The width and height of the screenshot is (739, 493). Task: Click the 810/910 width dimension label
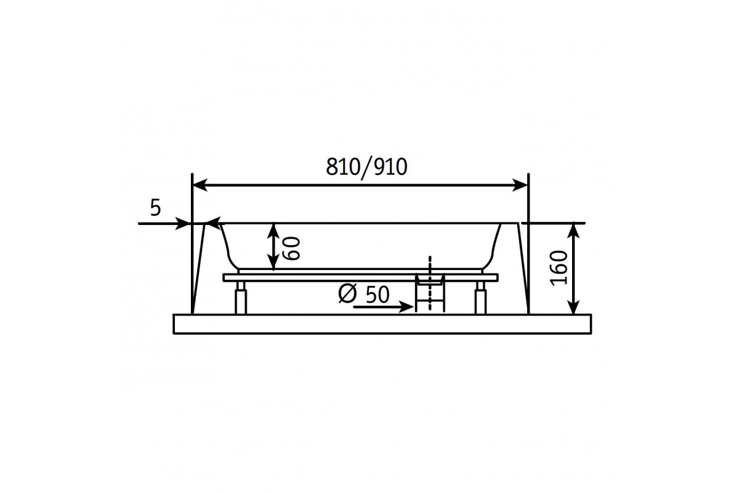[x=366, y=167]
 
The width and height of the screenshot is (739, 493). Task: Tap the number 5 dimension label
[x=155, y=208]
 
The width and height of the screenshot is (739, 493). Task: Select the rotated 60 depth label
[x=292, y=248]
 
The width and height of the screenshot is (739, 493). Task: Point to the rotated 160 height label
[x=559, y=268]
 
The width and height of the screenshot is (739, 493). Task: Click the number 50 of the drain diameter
[x=378, y=295]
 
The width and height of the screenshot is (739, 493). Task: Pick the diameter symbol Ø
[x=347, y=294]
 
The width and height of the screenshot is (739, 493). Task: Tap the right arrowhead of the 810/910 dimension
[x=520, y=185]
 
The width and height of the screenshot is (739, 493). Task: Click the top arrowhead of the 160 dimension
[x=574, y=230]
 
